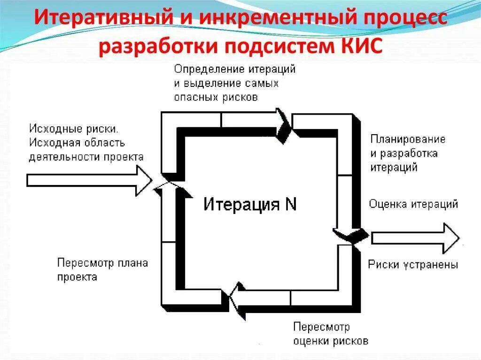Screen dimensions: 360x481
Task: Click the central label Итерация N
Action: (x=250, y=205)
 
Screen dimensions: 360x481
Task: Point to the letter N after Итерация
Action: (x=291, y=205)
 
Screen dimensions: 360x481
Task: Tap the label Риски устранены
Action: (x=413, y=264)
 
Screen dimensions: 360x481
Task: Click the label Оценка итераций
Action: (x=413, y=204)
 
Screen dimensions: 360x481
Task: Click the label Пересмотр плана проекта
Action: (x=102, y=269)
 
